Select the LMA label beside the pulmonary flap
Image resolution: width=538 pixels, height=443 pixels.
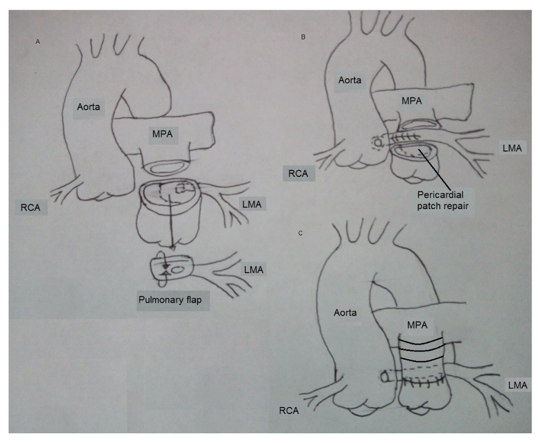click(252, 269)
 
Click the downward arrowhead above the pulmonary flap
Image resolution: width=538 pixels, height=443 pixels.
click(171, 248)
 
